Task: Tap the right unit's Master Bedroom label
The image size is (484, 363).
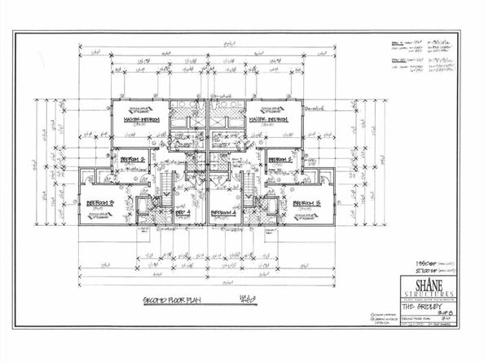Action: point(274,119)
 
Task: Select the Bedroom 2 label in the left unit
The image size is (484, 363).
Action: point(132,160)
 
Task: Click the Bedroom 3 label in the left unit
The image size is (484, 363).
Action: point(99,201)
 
